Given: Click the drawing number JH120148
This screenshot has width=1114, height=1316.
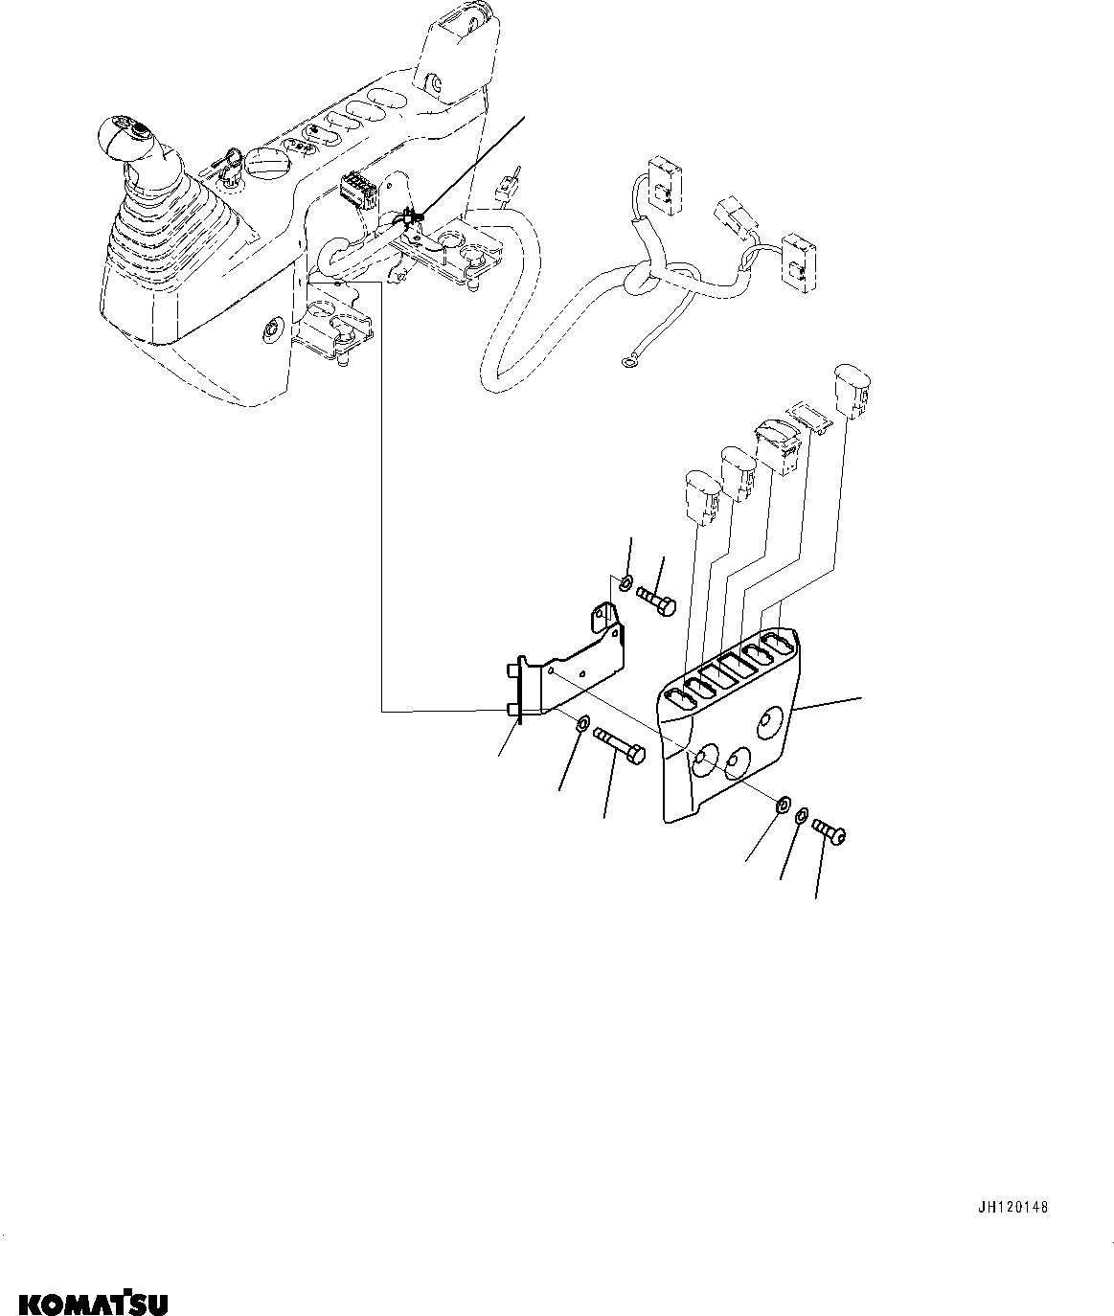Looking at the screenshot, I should [x=1014, y=1208].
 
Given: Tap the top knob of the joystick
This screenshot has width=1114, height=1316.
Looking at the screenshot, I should [x=125, y=132].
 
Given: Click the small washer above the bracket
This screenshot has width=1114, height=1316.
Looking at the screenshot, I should [x=625, y=582].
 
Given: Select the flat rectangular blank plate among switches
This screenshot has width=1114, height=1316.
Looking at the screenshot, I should [x=805, y=419].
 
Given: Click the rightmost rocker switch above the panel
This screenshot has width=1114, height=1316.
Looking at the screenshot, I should [x=851, y=390].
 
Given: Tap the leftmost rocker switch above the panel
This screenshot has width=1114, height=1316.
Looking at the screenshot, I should [x=702, y=493].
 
